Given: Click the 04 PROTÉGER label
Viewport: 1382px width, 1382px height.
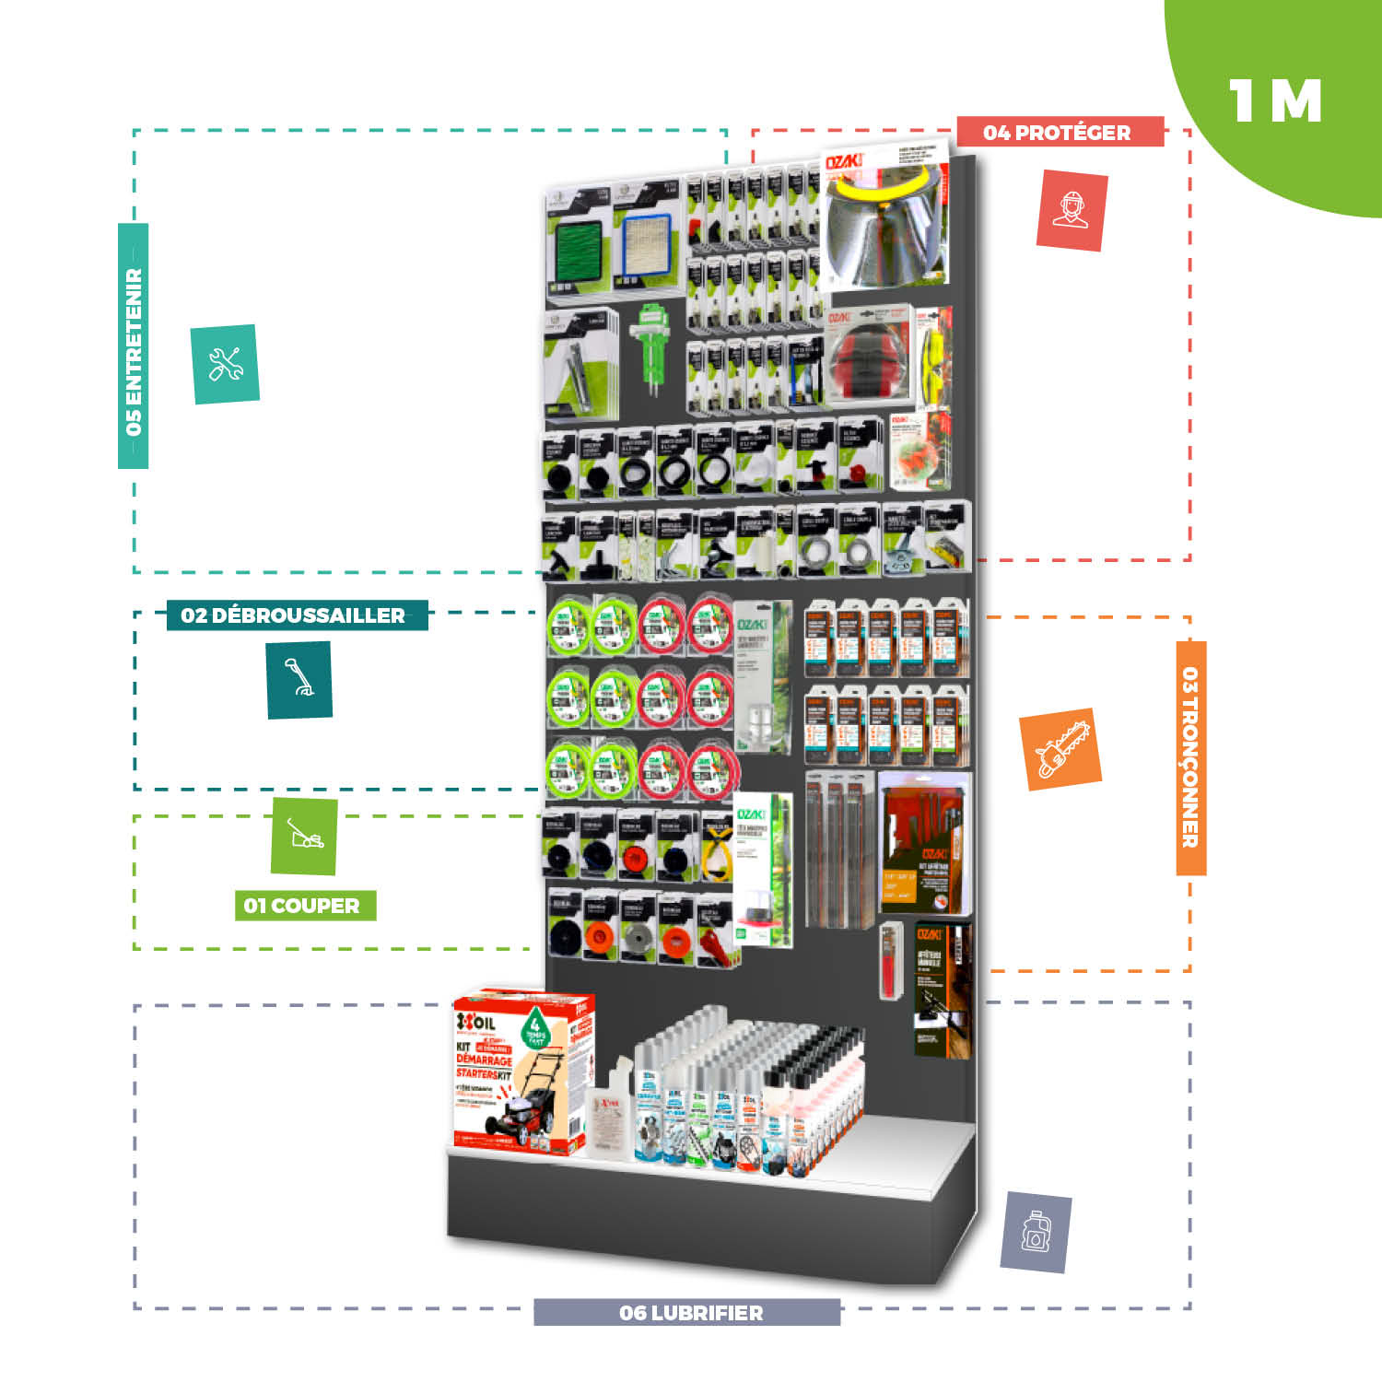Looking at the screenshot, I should coord(1059,132).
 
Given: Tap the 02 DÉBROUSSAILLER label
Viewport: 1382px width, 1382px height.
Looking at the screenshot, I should coord(296,615).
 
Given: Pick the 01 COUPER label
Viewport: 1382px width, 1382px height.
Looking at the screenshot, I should coord(304,906).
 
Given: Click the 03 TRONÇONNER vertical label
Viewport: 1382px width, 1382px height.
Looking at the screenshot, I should coord(1190,757).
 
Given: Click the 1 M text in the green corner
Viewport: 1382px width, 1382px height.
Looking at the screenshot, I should coord(1275,101).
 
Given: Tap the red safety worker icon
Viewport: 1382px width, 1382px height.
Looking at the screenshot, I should coord(1072,210).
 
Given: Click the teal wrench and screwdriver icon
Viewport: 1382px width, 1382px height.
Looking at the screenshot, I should coord(225,364).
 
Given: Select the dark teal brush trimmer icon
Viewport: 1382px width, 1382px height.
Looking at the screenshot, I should coord(299,680).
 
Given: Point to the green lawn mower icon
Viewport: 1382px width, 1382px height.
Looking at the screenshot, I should coord(304,836).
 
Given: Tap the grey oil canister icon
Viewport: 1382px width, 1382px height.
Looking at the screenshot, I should coord(1036,1232).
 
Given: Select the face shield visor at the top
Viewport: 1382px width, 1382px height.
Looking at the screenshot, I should coord(884,230).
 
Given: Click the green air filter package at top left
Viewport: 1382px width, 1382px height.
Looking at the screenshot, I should coord(578,244).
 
